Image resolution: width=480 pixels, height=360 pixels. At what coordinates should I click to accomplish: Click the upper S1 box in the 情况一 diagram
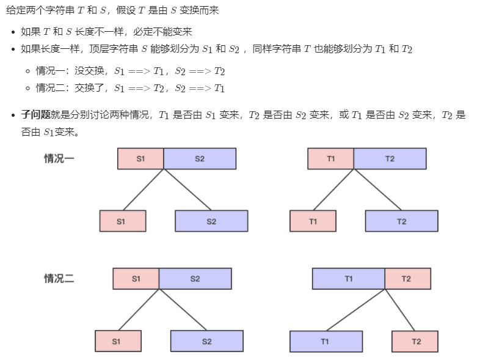(140, 158)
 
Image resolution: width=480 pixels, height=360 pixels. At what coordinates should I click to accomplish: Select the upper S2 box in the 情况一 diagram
(200, 158)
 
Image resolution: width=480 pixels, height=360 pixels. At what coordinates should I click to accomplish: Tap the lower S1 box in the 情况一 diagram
(123, 221)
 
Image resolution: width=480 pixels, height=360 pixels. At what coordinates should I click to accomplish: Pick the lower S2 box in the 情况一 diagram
(211, 221)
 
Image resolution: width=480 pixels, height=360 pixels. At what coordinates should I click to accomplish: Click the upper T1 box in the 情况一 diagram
(330, 158)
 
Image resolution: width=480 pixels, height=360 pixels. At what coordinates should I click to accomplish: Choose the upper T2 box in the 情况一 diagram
(390, 158)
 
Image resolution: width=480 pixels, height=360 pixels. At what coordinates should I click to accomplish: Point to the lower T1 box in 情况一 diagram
(313, 221)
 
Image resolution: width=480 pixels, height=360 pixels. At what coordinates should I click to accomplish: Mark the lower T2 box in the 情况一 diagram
(401, 221)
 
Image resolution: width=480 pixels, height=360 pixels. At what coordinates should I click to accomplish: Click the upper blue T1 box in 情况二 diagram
(348, 278)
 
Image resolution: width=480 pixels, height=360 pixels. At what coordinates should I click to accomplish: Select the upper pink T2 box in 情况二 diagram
(407, 278)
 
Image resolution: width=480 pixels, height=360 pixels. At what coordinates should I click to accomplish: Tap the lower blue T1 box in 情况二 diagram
(325, 341)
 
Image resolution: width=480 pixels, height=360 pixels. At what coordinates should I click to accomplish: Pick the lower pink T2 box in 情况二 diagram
(415, 341)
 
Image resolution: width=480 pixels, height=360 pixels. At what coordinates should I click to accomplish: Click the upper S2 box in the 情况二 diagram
(195, 278)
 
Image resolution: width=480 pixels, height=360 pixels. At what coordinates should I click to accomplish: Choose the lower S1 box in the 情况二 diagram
(118, 341)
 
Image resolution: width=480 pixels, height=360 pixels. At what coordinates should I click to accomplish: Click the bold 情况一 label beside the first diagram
(59, 158)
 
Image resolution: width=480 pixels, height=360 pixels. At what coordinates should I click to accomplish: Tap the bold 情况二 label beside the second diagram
(59, 278)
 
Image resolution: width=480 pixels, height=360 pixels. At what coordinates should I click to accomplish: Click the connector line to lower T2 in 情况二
(400, 310)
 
